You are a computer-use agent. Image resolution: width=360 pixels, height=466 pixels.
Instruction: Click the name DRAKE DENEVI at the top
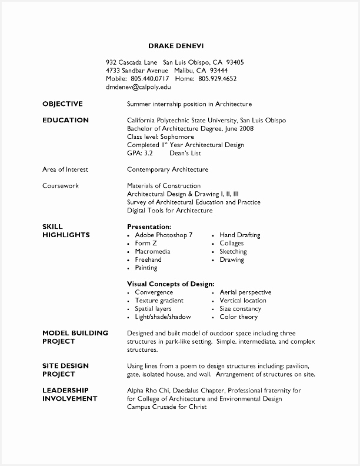(x=176, y=45)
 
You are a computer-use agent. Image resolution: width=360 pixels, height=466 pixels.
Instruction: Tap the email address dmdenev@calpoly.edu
(x=138, y=86)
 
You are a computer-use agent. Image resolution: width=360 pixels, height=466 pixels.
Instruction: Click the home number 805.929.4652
(x=218, y=78)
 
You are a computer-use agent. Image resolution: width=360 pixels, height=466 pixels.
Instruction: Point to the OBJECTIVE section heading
(x=62, y=104)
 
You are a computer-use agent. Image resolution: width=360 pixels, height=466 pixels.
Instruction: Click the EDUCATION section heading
(x=65, y=120)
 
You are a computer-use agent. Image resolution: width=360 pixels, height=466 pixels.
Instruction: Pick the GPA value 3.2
(x=148, y=153)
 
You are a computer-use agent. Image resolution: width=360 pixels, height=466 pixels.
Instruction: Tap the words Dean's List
(x=185, y=153)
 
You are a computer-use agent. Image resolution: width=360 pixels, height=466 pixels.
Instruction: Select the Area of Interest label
(x=65, y=169)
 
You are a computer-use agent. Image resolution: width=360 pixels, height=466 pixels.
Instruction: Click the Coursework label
(x=61, y=186)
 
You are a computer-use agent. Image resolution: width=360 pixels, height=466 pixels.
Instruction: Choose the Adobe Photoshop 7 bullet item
(x=164, y=235)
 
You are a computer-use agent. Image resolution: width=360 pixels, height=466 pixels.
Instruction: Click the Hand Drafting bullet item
(x=239, y=235)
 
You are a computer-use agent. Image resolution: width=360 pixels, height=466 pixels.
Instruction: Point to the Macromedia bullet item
(x=152, y=251)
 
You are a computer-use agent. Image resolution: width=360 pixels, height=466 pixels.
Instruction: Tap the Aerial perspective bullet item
(x=245, y=292)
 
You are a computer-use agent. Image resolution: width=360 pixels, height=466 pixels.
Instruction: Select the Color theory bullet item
(x=239, y=317)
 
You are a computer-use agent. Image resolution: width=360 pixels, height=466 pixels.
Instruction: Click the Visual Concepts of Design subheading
(x=171, y=284)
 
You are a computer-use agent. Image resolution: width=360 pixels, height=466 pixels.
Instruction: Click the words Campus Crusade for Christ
(x=166, y=407)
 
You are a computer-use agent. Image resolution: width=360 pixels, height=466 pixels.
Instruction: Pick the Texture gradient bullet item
(x=159, y=300)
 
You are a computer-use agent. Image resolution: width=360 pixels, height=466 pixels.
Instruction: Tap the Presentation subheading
(x=149, y=227)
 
